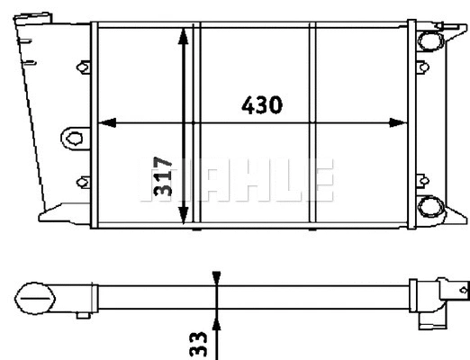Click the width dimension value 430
262,104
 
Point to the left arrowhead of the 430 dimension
102,122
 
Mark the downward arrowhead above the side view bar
216,280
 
